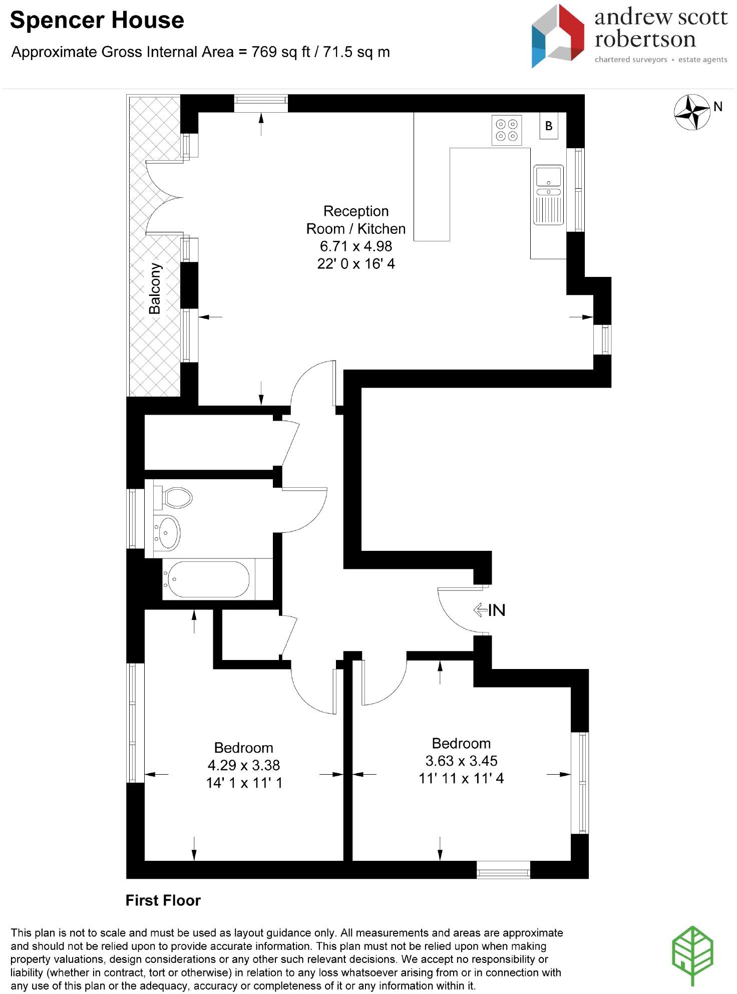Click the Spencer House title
97,21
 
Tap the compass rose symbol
692,112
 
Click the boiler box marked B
549,126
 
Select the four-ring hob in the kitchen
506,130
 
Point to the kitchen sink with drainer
549,194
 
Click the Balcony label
155,288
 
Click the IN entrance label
496,610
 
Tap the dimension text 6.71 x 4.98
355,246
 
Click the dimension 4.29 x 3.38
243,765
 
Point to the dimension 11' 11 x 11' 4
461,778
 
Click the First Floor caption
163,900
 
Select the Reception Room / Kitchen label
355,220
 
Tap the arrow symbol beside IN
480,610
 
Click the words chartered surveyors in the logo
630,60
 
